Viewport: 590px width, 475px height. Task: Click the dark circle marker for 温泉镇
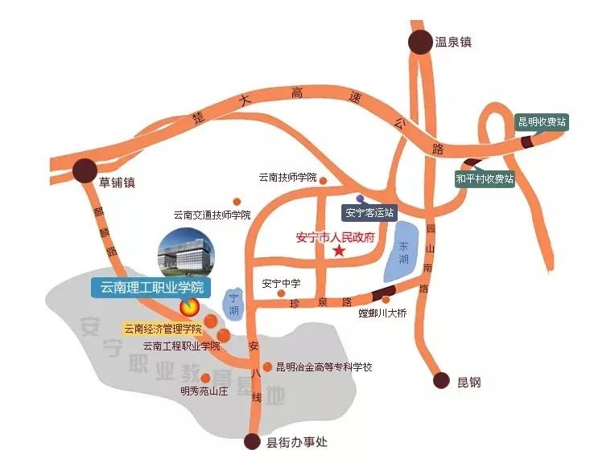(419, 43)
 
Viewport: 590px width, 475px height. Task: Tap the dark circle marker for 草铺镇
(85, 170)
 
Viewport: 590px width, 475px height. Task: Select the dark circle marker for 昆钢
(439, 380)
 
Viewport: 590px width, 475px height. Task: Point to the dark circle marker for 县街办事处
(254, 442)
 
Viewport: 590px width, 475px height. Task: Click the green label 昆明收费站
(542, 122)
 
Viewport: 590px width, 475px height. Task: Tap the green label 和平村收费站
(484, 178)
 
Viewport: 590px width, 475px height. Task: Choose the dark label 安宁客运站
(369, 213)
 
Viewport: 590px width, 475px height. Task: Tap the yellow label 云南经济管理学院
(162, 329)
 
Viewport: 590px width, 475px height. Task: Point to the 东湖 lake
(403, 249)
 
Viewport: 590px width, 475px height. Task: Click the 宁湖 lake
(233, 303)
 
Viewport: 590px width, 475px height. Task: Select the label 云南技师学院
(287, 178)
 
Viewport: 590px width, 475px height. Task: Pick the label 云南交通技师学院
(212, 215)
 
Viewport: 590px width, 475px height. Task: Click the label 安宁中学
(281, 284)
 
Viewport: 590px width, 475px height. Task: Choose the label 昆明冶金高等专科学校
(324, 367)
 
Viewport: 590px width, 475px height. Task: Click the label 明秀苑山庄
(205, 392)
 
